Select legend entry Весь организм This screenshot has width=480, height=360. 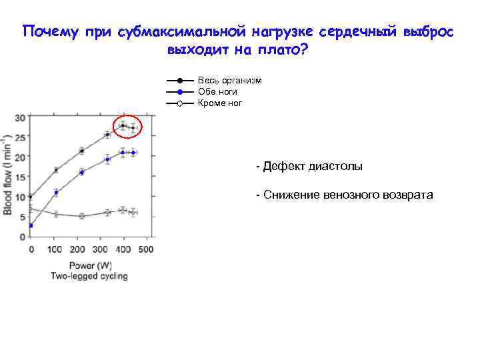[x=229, y=81]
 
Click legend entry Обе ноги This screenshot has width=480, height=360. [x=217, y=92]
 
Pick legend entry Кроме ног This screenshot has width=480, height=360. [x=220, y=103]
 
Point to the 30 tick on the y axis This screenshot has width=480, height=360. [x=20, y=118]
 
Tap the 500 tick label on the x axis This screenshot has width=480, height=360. [x=145, y=249]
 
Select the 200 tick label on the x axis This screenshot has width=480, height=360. [x=77, y=249]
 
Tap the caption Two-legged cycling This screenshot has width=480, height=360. [x=89, y=276]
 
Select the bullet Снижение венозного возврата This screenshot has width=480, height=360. [x=345, y=195]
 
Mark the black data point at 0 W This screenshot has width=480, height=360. [x=31, y=197]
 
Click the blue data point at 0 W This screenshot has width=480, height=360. [x=31, y=225]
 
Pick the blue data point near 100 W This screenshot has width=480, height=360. [x=56, y=193]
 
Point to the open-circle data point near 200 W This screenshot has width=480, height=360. [x=81, y=216]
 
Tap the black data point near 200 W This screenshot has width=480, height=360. [x=81, y=151]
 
